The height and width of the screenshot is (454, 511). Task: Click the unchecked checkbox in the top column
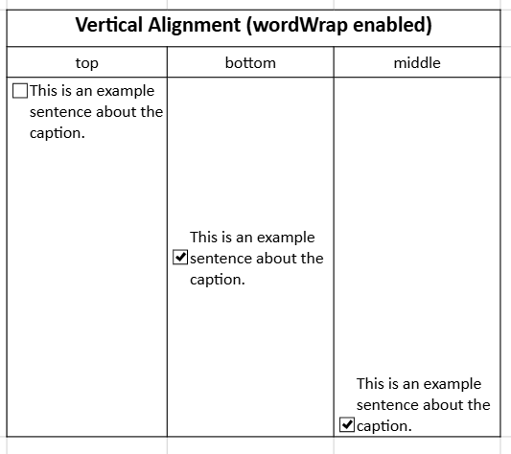[x=20, y=91]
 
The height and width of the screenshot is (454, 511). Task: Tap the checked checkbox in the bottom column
[x=180, y=258]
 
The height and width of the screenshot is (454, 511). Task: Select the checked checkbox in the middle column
[x=347, y=424]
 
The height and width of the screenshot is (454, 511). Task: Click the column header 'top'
[x=86, y=63]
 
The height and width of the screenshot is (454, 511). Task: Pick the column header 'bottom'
[x=250, y=62]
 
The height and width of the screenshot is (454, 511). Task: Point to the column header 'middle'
[x=417, y=62]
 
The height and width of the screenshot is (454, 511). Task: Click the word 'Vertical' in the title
[x=109, y=25]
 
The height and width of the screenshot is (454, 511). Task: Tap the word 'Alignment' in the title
[x=195, y=26]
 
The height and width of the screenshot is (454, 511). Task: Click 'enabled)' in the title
[x=392, y=26]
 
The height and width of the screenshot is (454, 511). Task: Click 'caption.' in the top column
[x=58, y=133]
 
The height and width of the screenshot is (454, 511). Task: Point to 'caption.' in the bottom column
[x=218, y=280]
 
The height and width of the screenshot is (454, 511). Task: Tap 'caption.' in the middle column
[x=384, y=426]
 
